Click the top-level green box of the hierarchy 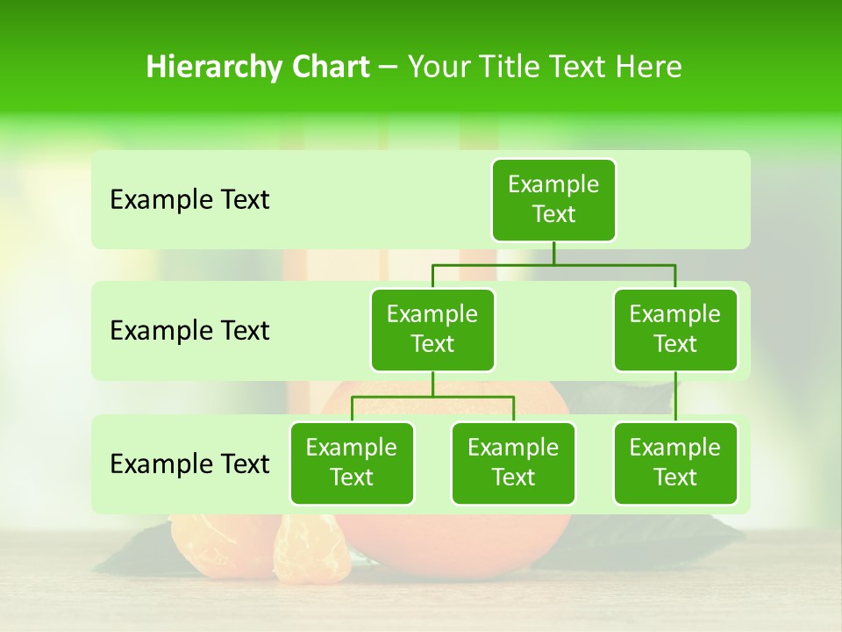tap(553, 199)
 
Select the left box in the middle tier tap(432, 329)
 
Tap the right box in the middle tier tap(675, 329)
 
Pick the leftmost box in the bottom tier tap(352, 463)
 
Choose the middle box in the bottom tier tap(513, 463)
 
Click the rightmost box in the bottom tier tap(675, 463)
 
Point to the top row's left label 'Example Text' tap(189, 200)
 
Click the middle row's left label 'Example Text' tap(189, 331)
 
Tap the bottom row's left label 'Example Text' tap(189, 463)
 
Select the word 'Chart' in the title tap(330, 67)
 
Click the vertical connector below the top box tap(553, 253)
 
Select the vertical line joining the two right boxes tap(675, 397)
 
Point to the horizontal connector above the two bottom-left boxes tap(432, 397)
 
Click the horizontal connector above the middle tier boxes tap(553, 264)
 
